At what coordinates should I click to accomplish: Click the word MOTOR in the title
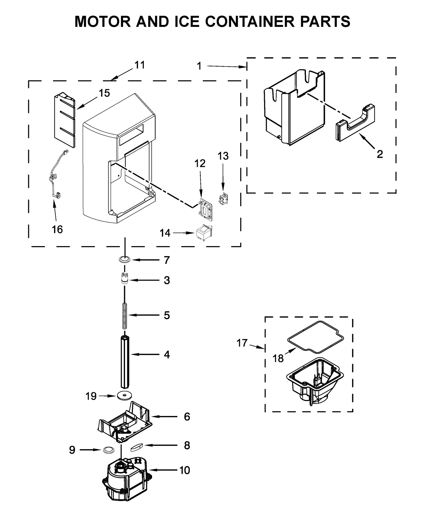click(x=103, y=22)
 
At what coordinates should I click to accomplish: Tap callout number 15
click(x=104, y=93)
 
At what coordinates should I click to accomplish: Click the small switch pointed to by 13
click(x=223, y=199)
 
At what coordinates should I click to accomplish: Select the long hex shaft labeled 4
click(x=125, y=362)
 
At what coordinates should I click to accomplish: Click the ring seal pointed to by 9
click(x=108, y=450)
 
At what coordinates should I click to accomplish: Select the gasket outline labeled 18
click(x=315, y=336)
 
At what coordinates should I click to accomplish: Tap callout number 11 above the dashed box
click(x=140, y=65)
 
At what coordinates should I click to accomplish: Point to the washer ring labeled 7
click(x=124, y=259)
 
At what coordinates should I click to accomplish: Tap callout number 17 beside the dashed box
click(x=242, y=343)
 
